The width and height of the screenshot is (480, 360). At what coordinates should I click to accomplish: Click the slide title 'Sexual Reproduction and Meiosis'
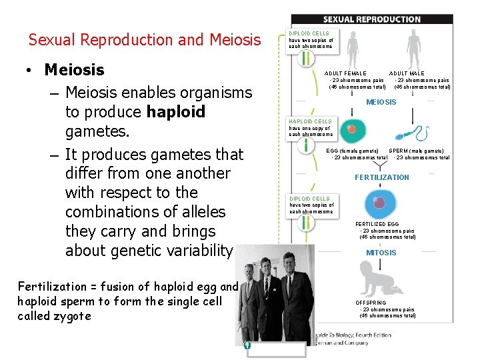(x=145, y=40)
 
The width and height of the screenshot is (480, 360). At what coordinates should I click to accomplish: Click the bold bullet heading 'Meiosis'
(x=74, y=70)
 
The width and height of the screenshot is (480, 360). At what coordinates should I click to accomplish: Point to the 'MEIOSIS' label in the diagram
(x=381, y=102)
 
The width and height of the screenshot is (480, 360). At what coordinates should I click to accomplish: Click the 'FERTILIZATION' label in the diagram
(x=381, y=177)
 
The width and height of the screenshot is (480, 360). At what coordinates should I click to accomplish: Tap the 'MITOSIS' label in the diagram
(x=381, y=253)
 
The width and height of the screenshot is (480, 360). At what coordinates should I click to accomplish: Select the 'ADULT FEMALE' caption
(x=345, y=73)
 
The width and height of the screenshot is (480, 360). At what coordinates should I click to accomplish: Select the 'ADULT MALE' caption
(x=407, y=73)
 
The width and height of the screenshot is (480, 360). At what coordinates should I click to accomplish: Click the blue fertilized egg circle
(x=380, y=203)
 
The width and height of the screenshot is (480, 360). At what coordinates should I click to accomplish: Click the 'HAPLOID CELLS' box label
(x=310, y=121)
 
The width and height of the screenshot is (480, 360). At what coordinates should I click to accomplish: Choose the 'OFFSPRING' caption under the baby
(x=370, y=303)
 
